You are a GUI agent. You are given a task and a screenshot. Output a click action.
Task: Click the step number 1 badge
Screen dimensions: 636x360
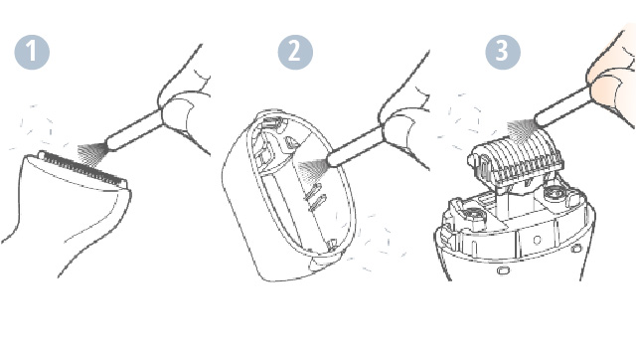[32, 52]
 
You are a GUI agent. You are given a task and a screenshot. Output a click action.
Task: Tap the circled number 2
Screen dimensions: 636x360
[295, 52]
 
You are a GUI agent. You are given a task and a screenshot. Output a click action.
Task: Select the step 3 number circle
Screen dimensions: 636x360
[503, 52]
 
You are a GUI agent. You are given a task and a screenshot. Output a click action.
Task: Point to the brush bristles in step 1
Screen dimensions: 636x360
[92, 155]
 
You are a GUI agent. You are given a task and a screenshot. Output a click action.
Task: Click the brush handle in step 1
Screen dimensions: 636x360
[134, 131]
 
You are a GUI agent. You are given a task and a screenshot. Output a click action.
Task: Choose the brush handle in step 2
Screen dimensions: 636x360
[355, 145]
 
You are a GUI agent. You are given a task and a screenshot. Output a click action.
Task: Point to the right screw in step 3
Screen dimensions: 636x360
[553, 191]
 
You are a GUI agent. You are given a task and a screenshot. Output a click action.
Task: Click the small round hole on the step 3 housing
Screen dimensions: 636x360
[537, 241]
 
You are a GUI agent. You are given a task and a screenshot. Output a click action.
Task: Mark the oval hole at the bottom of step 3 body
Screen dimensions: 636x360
[504, 270]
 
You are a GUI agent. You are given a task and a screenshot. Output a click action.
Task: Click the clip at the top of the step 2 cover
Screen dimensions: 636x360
[271, 121]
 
